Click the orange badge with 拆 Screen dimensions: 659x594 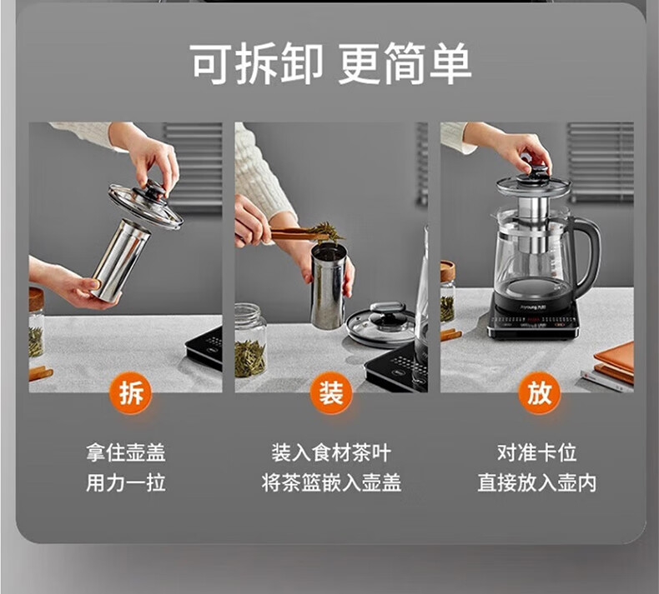click(132, 393)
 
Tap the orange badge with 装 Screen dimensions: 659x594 click(331, 393)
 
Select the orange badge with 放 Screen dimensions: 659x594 click(539, 393)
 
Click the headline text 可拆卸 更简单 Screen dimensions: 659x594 click(331, 64)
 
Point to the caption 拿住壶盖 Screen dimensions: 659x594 click(126, 452)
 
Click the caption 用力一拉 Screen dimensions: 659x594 click(126, 482)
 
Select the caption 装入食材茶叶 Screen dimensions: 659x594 click(331, 452)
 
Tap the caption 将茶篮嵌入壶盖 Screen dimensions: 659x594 click(331, 482)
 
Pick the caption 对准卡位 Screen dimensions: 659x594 click(536, 452)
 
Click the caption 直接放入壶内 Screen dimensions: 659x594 click(536, 482)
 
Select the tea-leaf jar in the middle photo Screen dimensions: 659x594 click(249, 341)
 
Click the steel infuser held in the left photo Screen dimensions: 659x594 click(121, 259)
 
